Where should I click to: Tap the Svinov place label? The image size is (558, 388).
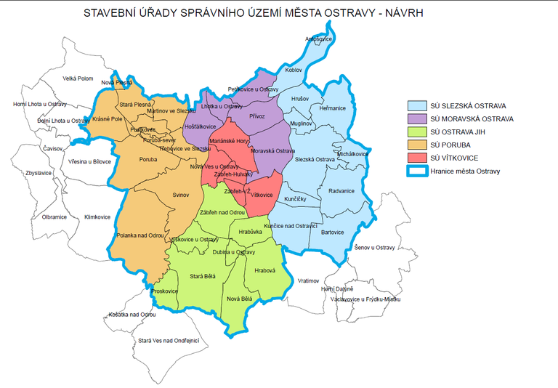181,195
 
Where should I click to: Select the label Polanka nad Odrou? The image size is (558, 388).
140,235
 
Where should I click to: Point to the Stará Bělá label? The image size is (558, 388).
203,277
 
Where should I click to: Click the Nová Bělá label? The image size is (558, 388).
239,299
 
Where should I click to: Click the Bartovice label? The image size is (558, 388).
332,232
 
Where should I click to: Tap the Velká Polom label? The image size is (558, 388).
78,78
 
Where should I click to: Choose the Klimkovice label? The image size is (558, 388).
97,217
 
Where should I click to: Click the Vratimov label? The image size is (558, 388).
309,280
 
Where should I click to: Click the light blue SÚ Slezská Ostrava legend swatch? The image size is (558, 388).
417,105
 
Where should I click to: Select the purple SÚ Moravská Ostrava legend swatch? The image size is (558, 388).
417,118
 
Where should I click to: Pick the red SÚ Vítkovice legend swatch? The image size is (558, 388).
417,158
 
